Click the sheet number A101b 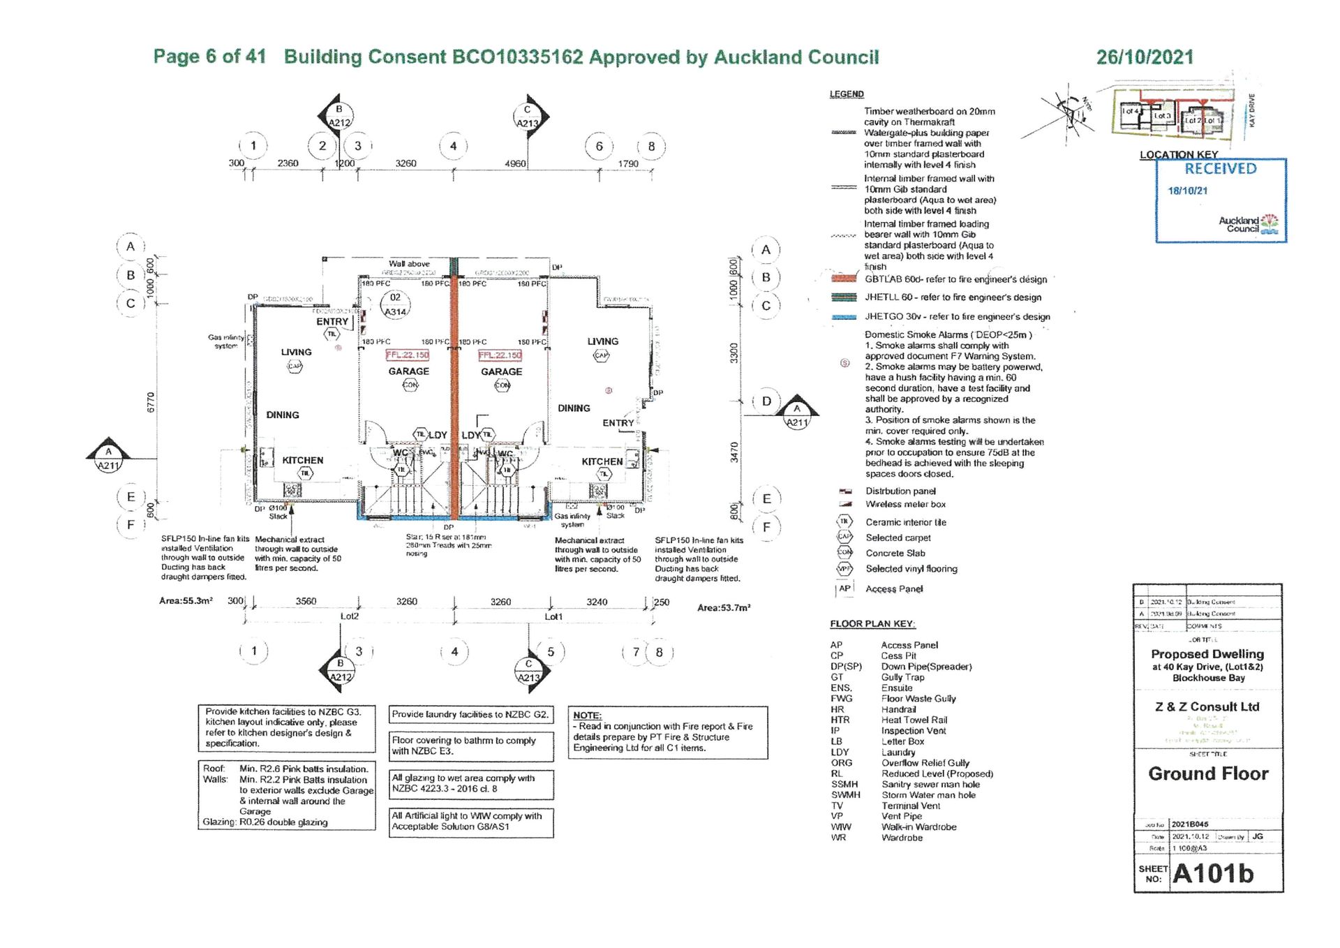[x=1213, y=873]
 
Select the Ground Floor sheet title [x=1208, y=773]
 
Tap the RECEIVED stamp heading [x=1220, y=168]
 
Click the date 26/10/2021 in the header [x=1145, y=57]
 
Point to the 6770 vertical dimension [x=151, y=402]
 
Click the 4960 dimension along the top [x=515, y=163]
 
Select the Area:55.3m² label [x=186, y=600]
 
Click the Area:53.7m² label [x=724, y=608]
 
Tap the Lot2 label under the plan [x=350, y=616]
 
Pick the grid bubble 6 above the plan [x=599, y=147]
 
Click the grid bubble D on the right [x=766, y=401]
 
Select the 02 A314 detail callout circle [x=396, y=304]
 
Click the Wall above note [x=409, y=264]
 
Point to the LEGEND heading [x=847, y=94]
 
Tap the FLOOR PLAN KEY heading [x=872, y=623]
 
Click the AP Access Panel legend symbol [x=844, y=588]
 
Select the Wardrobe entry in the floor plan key [x=902, y=838]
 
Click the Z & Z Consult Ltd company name [x=1207, y=706]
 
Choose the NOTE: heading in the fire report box [x=587, y=716]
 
